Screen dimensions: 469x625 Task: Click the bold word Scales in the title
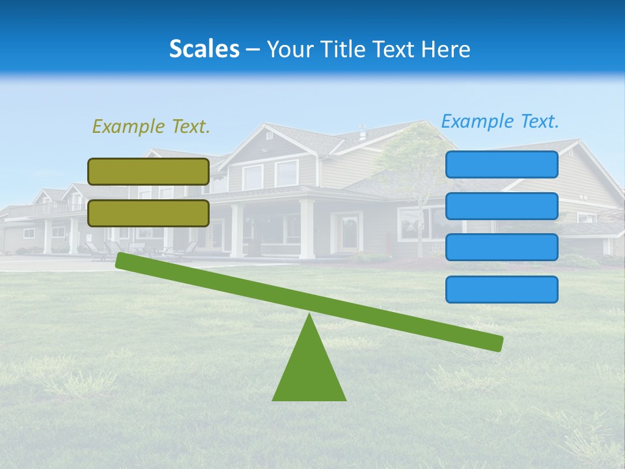pyautogui.click(x=204, y=49)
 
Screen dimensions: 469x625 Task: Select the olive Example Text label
pyautogui.click(x=151, y=126)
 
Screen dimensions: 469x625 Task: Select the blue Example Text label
pyautogui.click(x=500, y=121)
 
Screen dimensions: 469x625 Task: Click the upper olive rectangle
pyautogui.click(x=148, y=171)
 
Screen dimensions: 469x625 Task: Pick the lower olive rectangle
pyautogui.click(x=148, y=213)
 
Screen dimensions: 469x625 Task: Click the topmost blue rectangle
pyautogui.click(x=501, y=164)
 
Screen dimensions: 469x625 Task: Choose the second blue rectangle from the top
pyautogui.click(x=501, y=206)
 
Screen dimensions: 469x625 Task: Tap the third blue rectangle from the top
pyautogui.click(x=501, y=247)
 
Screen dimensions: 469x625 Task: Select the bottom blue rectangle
pyautogui.click(x=501, y=289)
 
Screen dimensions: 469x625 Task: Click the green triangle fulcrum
pyautogui.click(x=309, y=371)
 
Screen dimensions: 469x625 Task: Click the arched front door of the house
pyautogui.click(x=349, y=234)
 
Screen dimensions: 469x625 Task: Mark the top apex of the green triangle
pyautogui.click(x=309, y=316)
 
